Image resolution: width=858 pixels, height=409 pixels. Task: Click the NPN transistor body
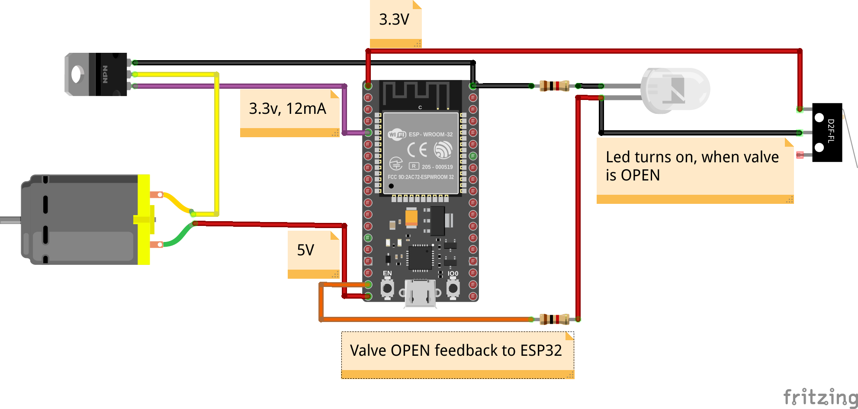tap(111, 74)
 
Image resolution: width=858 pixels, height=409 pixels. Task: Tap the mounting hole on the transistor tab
tap(77, 74)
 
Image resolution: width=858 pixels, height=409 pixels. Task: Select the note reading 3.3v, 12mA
tap(287, 109)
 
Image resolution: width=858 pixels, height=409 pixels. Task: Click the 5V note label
tap(305, 250)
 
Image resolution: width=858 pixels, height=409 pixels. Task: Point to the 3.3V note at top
tap(394, 19)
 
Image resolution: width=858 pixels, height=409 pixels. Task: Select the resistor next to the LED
tap(554, 86)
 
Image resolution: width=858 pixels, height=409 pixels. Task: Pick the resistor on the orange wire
tap(554, 319)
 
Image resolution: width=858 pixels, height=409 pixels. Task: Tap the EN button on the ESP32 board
tap(387, 288)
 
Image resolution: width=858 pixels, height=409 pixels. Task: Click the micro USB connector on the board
tap(420, 294)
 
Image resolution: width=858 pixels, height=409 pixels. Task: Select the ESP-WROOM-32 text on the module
tap(431, 135)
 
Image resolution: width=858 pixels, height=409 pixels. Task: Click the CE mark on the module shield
tap(417, 150)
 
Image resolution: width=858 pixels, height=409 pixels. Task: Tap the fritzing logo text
tap(820, 397)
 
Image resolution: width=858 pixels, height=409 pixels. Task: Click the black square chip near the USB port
tap(420, 258)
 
